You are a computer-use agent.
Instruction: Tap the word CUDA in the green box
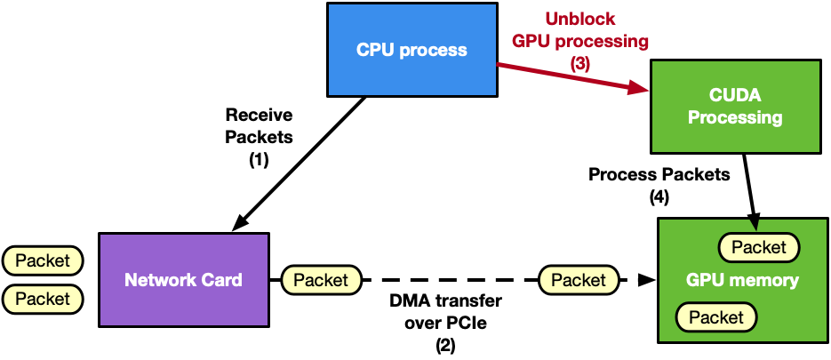[x=735, y=95]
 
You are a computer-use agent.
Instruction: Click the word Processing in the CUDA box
[x=735, y=117]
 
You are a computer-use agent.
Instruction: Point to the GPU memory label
[x=742, y=280]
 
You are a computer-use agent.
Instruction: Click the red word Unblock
[x=579, y=19]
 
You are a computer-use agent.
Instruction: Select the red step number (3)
[x=579, y=64]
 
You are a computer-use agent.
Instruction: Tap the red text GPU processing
[x=579, y=41]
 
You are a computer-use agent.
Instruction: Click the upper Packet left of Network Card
[x=43, y=260]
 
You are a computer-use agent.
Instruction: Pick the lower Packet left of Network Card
[x=43, y=299]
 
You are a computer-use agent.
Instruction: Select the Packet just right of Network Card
[x=321, y=280]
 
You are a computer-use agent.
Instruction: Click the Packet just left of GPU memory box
[x=579, y=280]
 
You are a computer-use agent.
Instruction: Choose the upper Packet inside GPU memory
[x=759, y=247]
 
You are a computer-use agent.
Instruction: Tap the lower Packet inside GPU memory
[x=716, y=317]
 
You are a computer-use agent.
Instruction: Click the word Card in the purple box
[x=222, y=280]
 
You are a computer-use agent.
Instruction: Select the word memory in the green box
[x=770, y=280]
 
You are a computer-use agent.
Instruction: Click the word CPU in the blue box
[x=375, y=50]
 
